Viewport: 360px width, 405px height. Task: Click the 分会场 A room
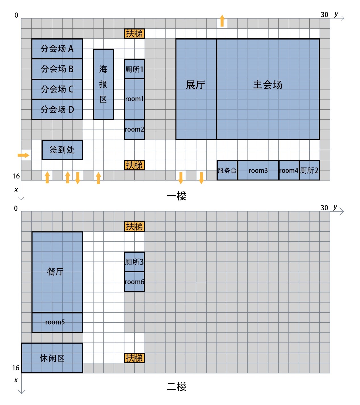coord(57,49)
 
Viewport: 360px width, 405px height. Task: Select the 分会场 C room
coord(57,89)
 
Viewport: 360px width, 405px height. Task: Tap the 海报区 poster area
coord(103,84)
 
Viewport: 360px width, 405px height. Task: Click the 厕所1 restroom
coord(134,69)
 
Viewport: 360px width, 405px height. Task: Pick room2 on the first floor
coord(134,130)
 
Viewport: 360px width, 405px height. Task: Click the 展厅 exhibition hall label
coord(195,85)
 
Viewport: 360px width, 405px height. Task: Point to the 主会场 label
coord(268,85)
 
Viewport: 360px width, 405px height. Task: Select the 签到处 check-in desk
coord(62,150)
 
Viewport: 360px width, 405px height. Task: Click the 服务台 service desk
coord(227,171)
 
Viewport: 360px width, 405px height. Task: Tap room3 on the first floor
coord(258,171)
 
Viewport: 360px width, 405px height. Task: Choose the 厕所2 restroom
coord(309,171)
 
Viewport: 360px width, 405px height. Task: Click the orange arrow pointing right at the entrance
coord(24,155)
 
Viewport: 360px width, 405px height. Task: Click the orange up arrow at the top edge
coord(222,21)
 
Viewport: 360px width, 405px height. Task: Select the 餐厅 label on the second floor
coord(55,272)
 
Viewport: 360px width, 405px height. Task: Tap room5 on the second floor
coord(55,322)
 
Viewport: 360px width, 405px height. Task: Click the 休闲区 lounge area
coord(52,358)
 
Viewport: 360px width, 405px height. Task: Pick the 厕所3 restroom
coord(134,262)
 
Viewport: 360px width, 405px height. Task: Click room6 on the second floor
coord(134,282)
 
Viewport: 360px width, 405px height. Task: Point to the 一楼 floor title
coord(176,196)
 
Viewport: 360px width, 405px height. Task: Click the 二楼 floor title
coord(176,387)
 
